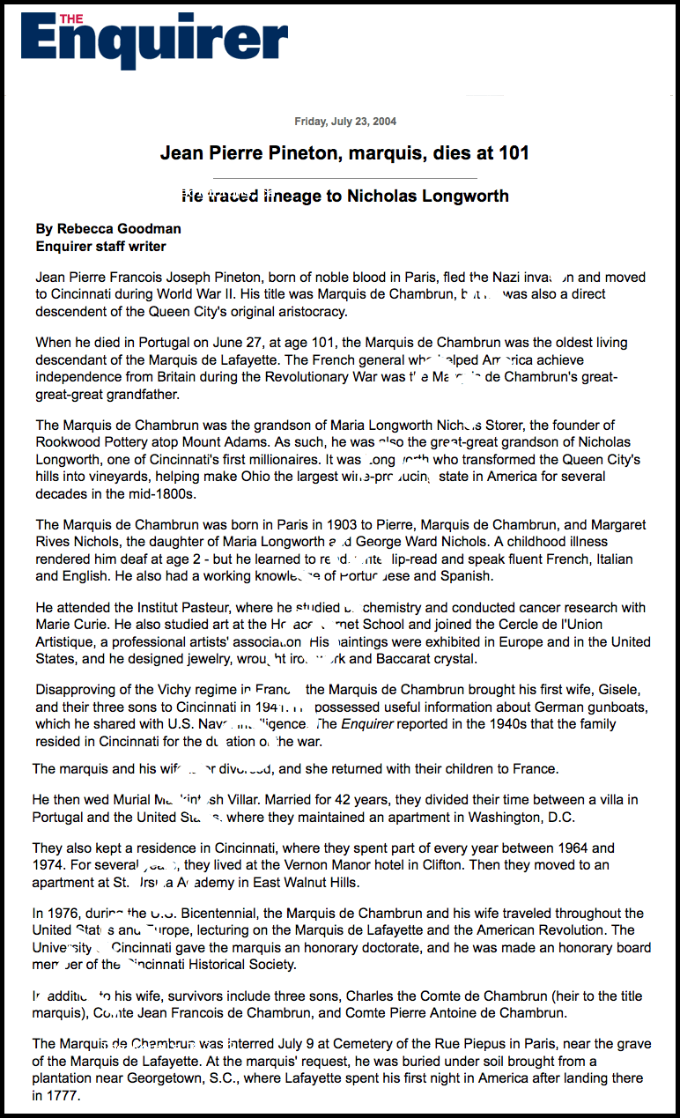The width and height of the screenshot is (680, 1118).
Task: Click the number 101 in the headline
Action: (x=512, y=153)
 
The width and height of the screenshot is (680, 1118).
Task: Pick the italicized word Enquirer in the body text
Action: (x=365, y=723)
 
